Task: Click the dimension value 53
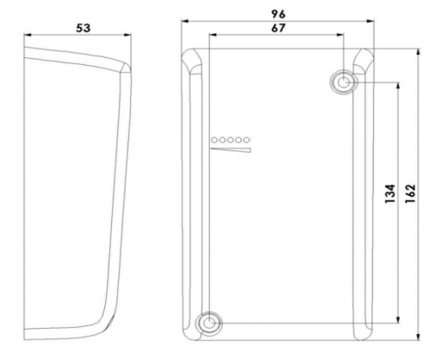tap(83, 28)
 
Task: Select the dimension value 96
tap(279, 14)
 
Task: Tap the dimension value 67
tap(279, 28)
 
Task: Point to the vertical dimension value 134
tap(390, 193)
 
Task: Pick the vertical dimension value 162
tap(410, 193)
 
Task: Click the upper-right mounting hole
tap(344, 82)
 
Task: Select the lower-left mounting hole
tap(208, 323)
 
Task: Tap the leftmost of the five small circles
tap(214, 140)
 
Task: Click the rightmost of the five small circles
tap(246, 140)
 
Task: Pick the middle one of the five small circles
tap(230, 140)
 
